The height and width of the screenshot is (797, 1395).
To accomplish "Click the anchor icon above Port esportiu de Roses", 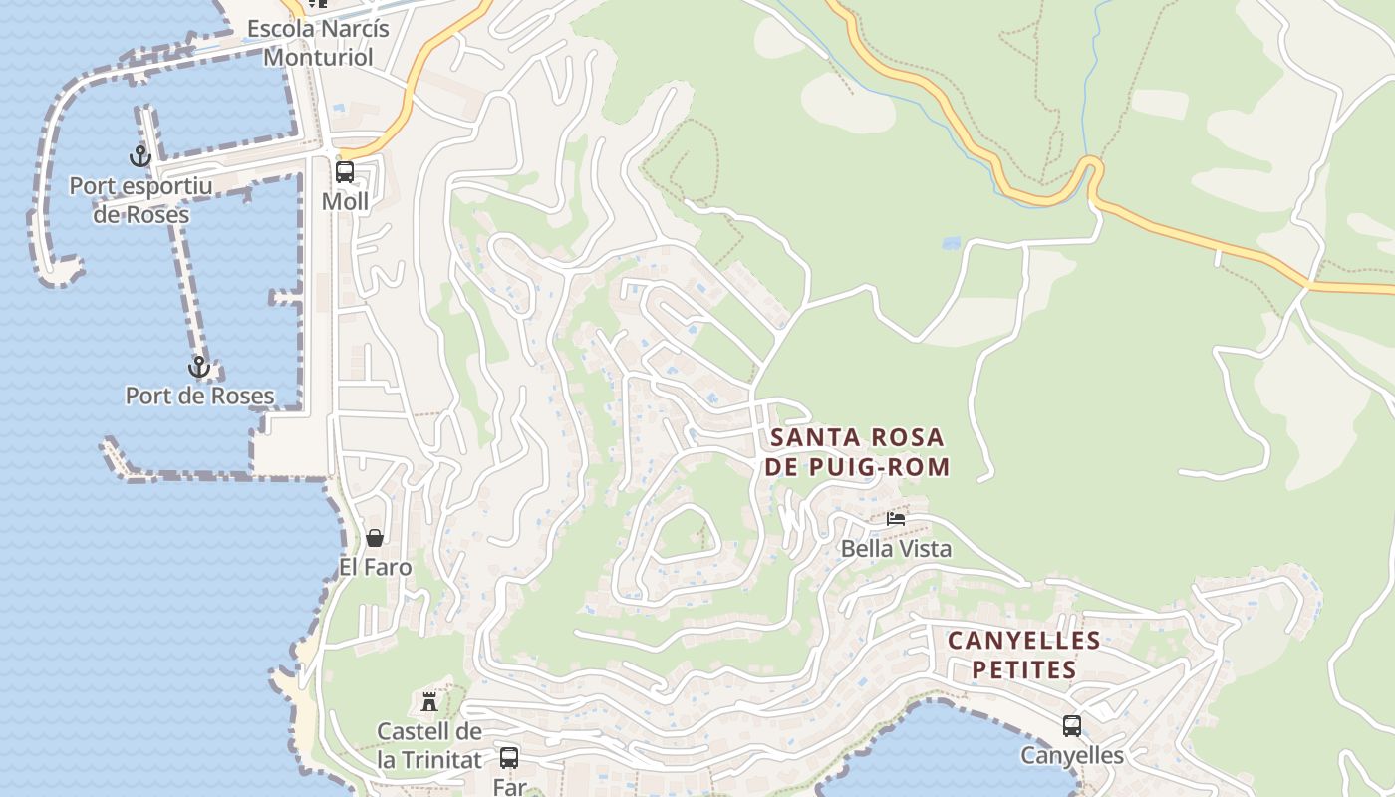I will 140,156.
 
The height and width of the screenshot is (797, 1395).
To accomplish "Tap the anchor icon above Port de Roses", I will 199,367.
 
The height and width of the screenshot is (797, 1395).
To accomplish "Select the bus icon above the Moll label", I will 345,171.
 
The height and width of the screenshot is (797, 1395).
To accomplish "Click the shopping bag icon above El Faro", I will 375,538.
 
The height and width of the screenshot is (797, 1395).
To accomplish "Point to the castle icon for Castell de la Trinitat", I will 429,701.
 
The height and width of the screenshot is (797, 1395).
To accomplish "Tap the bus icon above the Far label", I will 509,757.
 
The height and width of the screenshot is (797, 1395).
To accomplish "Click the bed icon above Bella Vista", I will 896,518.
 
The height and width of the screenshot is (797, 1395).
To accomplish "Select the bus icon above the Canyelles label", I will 1072,726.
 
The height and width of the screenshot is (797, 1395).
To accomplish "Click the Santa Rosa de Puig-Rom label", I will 858,451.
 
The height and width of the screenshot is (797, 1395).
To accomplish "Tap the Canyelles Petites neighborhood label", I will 1023,655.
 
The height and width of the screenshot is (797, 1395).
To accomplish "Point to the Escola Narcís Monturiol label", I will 317,42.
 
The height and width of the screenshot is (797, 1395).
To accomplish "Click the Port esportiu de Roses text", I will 140,199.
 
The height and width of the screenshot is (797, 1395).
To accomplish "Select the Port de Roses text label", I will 199,396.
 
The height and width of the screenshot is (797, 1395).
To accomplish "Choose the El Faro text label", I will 375,567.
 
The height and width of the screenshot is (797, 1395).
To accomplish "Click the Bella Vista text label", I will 896,548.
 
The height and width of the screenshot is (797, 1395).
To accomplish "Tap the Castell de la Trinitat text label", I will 429,745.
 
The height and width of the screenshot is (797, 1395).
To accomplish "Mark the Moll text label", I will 345,201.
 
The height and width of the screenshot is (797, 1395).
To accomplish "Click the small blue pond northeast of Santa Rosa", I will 951,243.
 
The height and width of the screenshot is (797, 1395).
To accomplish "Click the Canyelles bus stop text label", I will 1072,756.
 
